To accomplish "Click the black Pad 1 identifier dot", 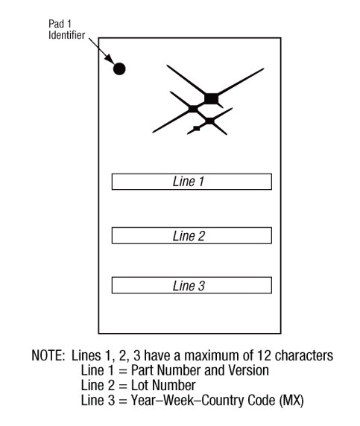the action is pos(119,69).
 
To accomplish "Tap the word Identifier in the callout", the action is pos(66,35).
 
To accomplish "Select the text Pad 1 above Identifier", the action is pos(60,24).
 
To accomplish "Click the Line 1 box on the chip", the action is pos(192,182).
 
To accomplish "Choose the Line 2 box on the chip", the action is pos(192,235).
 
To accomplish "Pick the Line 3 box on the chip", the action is pos(192,285).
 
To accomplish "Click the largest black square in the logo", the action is pos(211,98).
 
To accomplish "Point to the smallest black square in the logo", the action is pos(196,128).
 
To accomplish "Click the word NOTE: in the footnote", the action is pos(48,355).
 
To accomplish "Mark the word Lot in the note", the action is pos(138,385).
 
